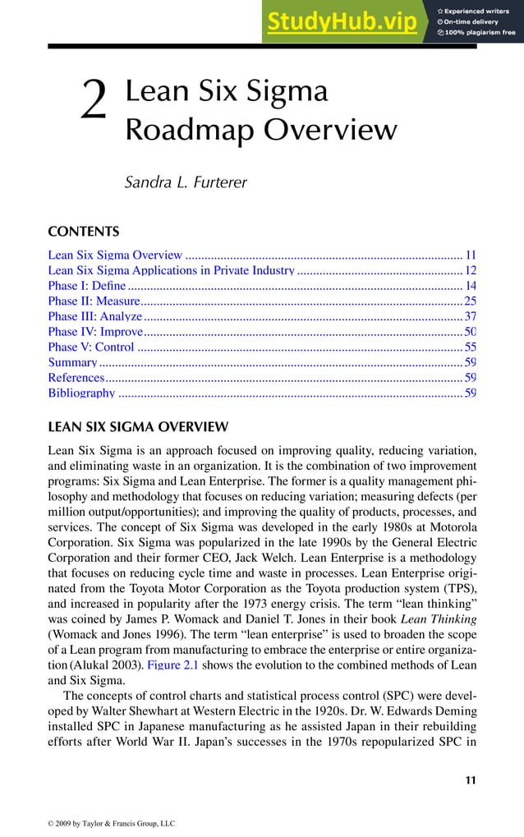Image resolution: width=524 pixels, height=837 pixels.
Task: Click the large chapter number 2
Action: tap(95, 108)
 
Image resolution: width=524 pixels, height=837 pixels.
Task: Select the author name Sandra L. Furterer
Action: tap(185, 182)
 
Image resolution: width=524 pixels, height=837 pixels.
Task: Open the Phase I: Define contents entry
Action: tap(87, 286)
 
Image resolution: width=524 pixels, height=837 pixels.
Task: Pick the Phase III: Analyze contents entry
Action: tap(95, 317)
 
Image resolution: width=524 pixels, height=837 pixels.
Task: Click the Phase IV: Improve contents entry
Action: tap(96, 332)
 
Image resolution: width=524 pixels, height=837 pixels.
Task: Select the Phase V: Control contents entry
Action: tap(91, 347)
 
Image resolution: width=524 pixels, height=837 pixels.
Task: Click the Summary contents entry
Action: tap(73, 362)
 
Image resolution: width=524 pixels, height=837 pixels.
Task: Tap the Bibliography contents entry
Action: tap(82, 393)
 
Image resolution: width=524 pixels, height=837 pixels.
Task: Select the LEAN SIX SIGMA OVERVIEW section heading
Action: tap(138, 427)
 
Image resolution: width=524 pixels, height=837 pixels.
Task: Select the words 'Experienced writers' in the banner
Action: tap(480, 10)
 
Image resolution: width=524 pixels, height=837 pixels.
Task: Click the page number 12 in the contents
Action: tap(471, 270)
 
